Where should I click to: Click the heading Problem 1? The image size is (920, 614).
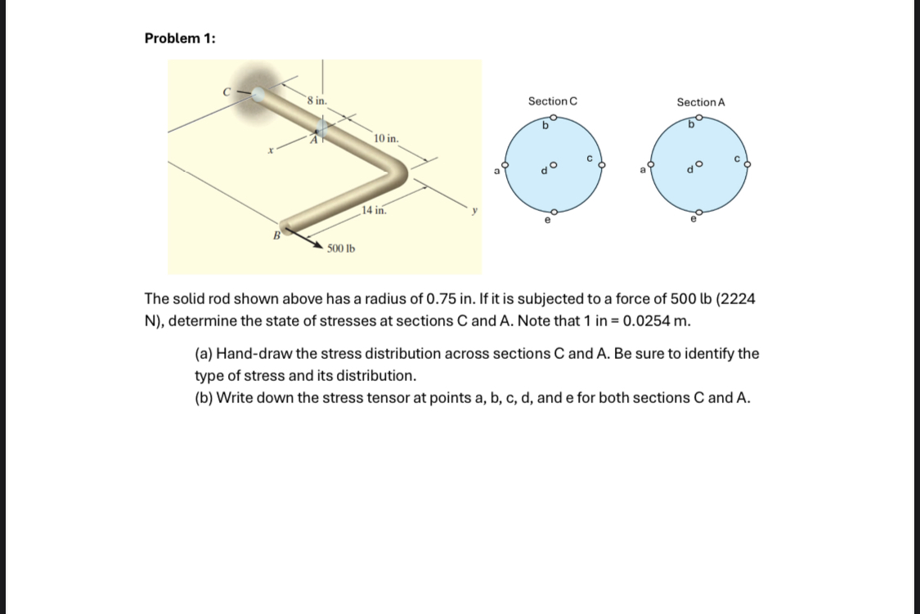180,38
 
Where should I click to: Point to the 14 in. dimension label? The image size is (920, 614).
374,210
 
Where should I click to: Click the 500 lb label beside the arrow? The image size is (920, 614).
341,248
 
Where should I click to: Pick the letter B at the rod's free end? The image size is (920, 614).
276,235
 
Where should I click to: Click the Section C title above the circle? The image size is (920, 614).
552,101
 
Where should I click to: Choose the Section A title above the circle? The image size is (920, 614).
701,102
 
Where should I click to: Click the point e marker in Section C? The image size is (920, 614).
554,211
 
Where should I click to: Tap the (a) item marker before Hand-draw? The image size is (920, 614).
203,354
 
